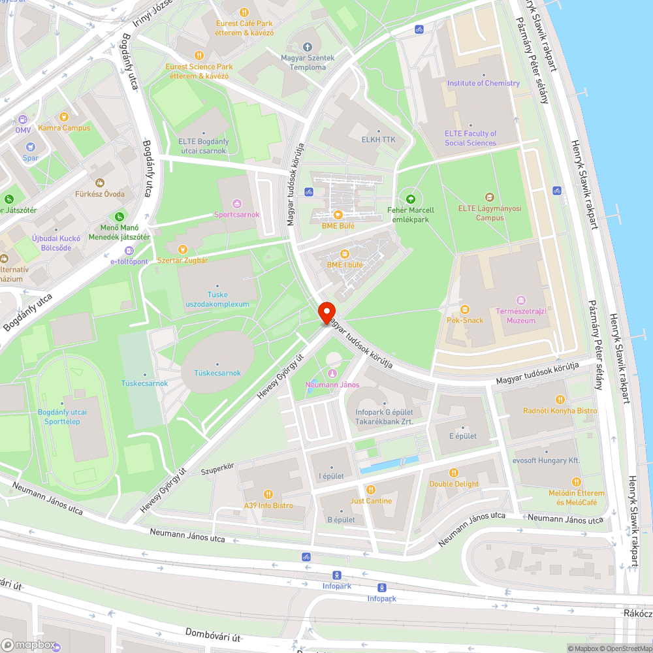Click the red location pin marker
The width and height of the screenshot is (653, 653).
click(x=326, y=311)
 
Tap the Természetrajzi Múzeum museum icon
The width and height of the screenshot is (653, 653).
click(x=520, y=300)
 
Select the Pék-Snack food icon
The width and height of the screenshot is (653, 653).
click(x=464, y=309)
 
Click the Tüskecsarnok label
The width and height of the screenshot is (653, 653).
click(x=217, y=374)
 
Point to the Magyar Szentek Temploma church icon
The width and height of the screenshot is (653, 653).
click(x=308, y=46)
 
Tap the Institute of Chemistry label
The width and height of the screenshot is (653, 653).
click(x=483, y=84)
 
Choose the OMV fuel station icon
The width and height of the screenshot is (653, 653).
click(x=23, y=119)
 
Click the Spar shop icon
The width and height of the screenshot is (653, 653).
click(x=31, y=146)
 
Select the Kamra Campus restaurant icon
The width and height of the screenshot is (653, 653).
click(x=64, y=117)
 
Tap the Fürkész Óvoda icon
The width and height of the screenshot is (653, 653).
click(x=100, y=183)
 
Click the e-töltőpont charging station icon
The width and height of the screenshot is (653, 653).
click(x=129, y=251)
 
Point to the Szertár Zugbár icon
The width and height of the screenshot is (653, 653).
click(x=183, y=249)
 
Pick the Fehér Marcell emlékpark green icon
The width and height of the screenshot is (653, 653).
click(x=410, y=199)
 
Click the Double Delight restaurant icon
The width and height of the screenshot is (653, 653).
click(x=454, y=473)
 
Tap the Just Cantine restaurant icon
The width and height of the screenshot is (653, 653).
click(x=371, y=490)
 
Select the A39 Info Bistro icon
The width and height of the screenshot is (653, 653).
click(x=268, y=494)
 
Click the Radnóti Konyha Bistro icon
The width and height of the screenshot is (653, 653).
click(x=560, y=400)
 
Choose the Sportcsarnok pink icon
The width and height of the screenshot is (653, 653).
click(x=236, y=203)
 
